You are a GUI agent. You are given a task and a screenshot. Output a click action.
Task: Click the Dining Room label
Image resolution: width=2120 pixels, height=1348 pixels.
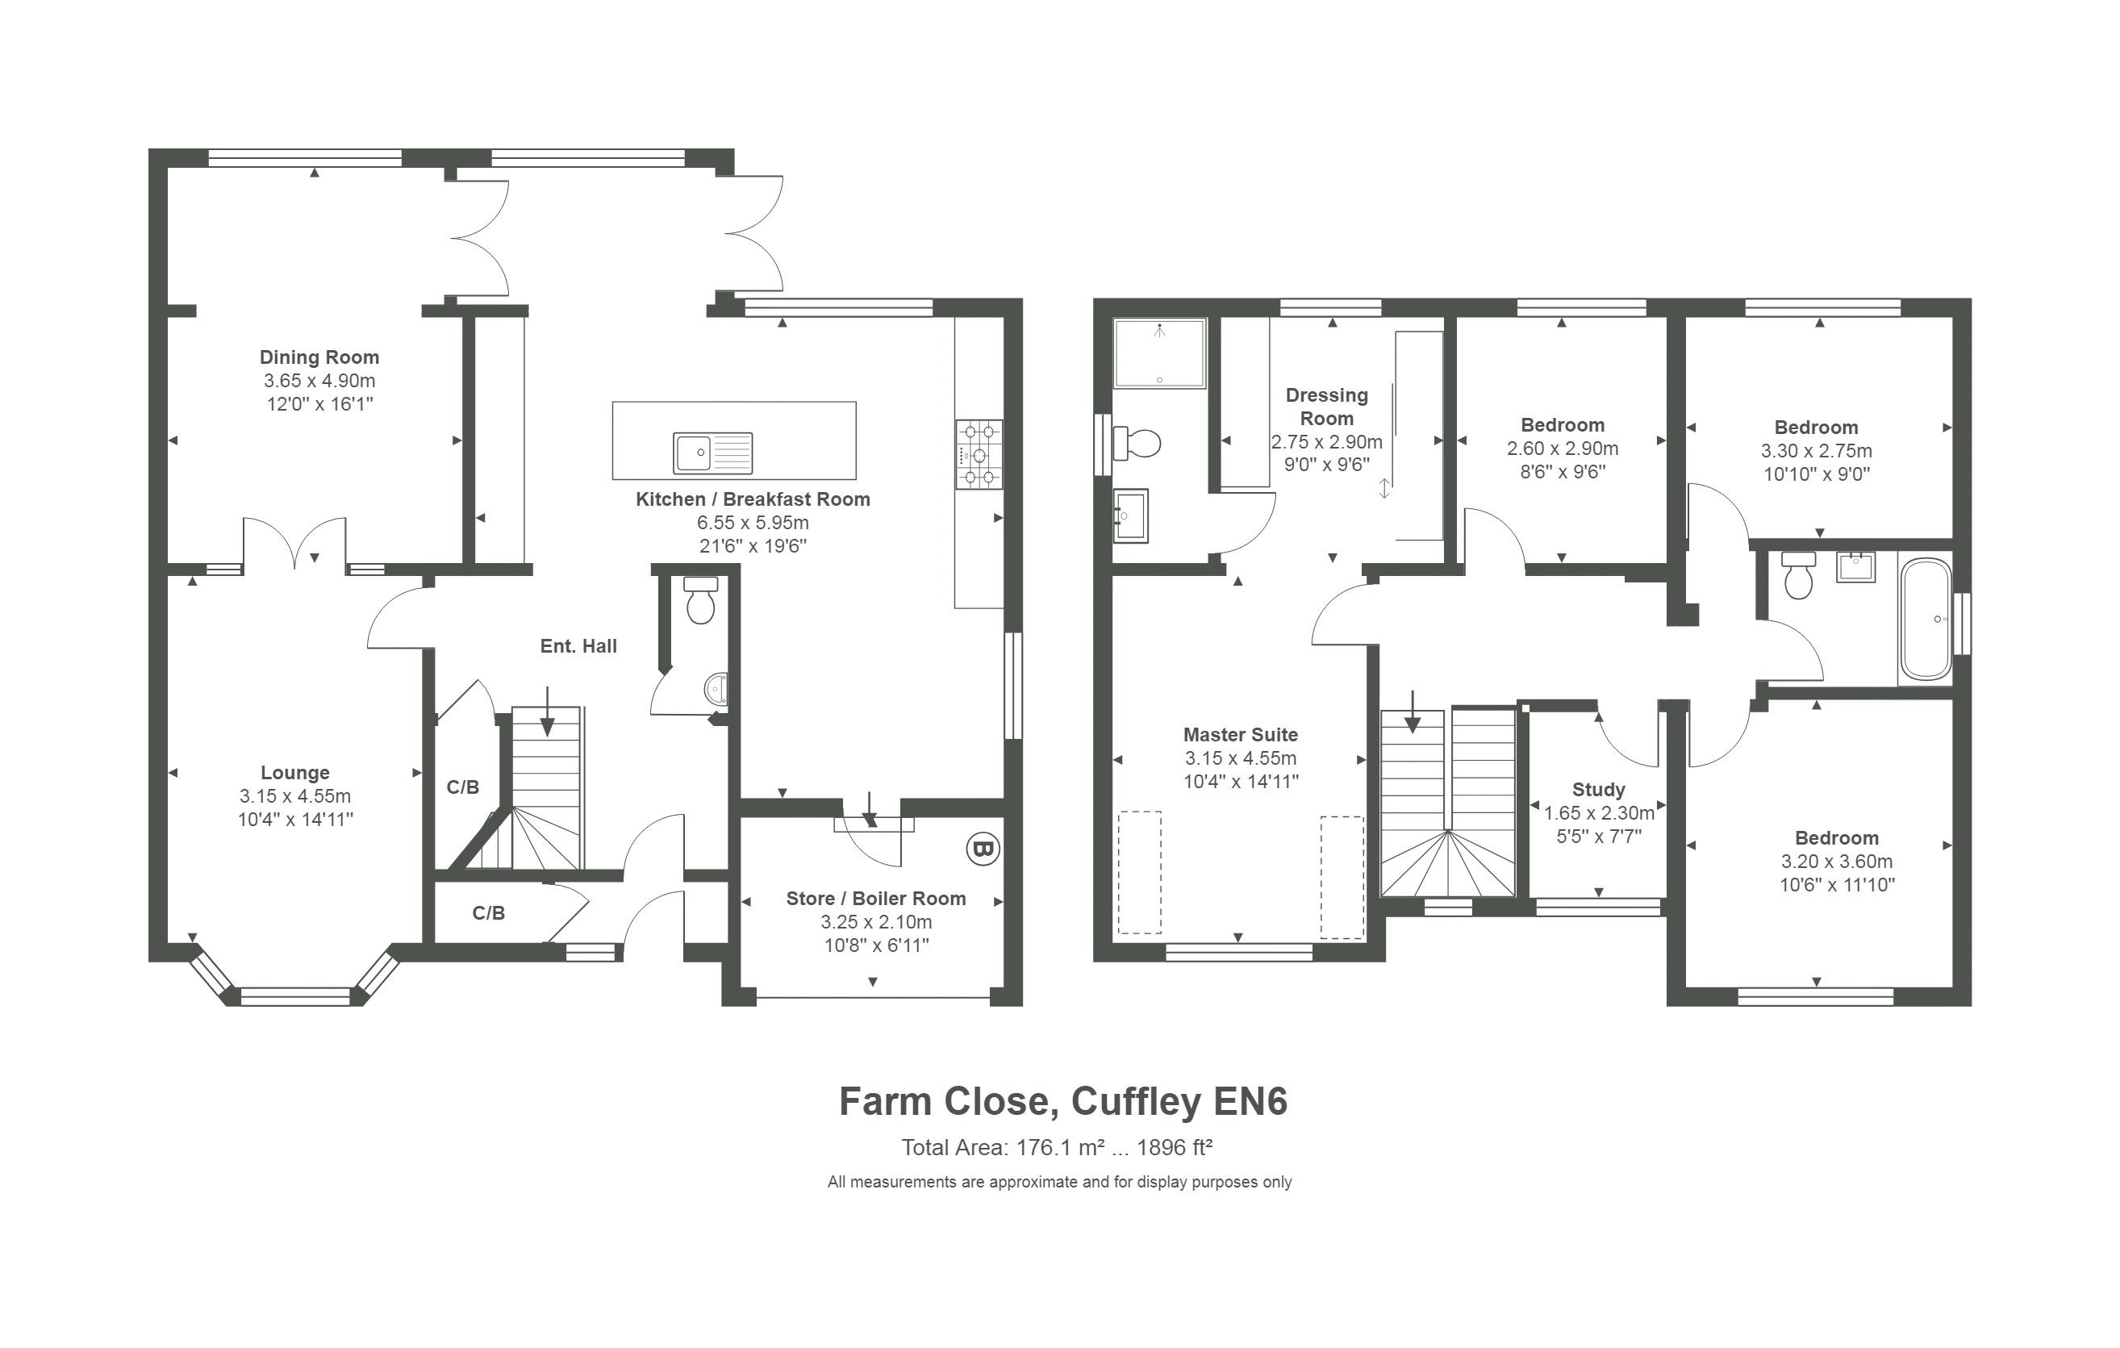pos(319,357)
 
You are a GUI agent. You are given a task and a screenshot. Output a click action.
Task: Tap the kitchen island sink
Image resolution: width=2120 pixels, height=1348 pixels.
pos(713,453)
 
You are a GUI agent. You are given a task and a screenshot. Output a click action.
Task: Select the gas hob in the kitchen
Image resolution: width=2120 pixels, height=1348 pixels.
pos(979,454)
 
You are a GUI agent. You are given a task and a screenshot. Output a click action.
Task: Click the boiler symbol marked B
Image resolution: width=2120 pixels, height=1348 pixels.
pos(983,849)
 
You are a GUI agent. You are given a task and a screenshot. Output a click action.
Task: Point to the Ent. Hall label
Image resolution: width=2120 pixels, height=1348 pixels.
pos(578,646)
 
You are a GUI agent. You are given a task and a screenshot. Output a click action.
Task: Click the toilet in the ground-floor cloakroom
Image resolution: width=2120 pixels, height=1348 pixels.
pos(701,599)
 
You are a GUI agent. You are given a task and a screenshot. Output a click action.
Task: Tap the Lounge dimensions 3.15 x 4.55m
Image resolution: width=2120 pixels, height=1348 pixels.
pos(295,796)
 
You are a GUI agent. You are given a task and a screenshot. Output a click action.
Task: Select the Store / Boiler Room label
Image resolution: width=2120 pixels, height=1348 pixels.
pos(876,898)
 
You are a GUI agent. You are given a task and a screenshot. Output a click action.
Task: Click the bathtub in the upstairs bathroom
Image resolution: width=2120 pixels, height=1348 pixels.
pos(1926,620)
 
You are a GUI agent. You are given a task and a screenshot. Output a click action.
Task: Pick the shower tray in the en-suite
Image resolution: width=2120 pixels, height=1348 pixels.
pos(1158,353)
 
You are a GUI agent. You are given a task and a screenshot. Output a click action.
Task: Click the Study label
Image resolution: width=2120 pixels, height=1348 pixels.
pos(1599,790)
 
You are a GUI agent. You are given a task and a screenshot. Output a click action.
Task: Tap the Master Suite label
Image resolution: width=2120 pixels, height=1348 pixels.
pos(1241,734)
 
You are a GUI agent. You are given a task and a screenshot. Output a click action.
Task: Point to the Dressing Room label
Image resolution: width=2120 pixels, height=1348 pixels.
pos(1327,407)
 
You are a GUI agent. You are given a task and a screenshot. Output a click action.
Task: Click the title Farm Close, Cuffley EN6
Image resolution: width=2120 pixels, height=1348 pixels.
pos(1062,1101)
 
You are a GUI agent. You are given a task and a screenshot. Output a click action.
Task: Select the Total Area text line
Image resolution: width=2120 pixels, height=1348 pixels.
pos(1057,1147)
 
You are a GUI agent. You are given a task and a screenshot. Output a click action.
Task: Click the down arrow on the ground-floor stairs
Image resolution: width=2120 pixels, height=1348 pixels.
pos(548,712)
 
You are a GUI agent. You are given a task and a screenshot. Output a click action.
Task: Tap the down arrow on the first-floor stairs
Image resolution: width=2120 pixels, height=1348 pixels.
pos(1413,712)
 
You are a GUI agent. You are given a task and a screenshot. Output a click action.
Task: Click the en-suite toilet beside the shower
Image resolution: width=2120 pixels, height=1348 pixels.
pos(1137,443)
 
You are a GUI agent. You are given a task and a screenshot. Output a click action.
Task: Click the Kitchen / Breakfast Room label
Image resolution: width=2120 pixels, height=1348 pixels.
pos(753,499)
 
